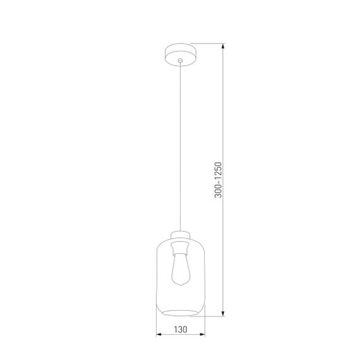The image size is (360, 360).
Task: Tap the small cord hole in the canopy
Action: coord(181,60)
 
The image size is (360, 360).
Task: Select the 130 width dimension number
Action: coord(181,329)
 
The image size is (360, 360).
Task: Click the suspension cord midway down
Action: coord(181,145)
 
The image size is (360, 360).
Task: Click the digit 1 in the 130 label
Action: coord(175,329)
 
